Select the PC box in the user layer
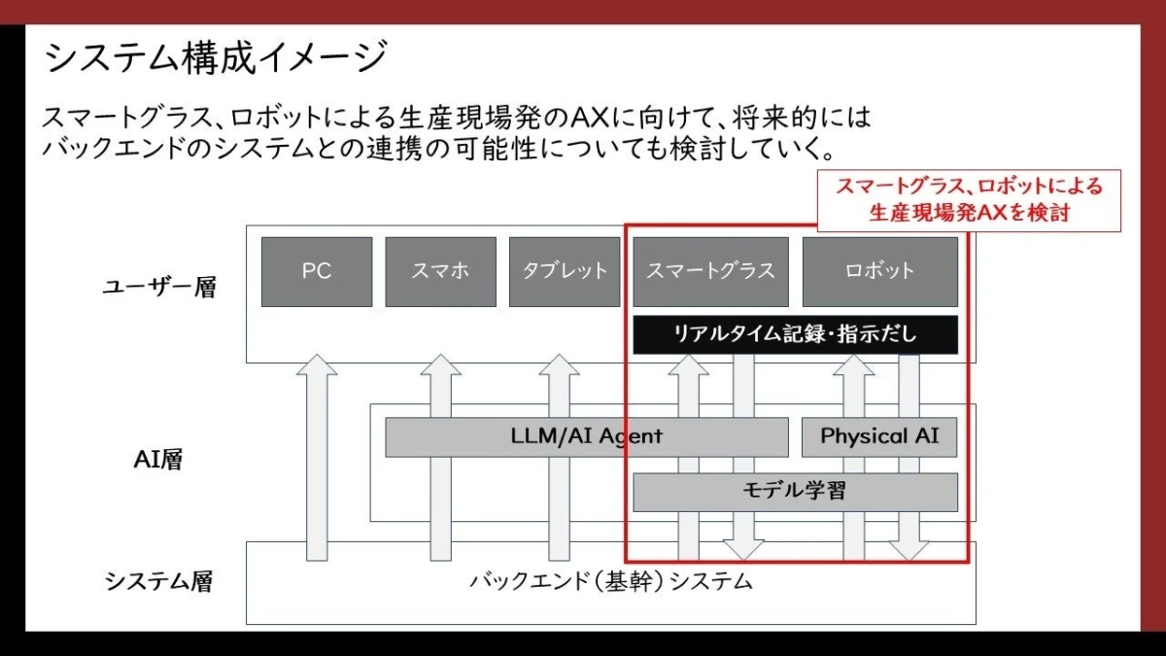point(317,271)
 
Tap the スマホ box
point(440,271)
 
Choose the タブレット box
point(565,271)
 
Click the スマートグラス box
point(711,271)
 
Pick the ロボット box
point(879,271)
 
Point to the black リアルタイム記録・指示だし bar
point(795,335)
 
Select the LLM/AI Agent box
point(586,436)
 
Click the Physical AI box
point(879,436)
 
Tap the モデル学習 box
point(795,491)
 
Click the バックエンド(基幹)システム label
point(611,582)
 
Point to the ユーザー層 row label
point(159,288)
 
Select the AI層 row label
point(158,460)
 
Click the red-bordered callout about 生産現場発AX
point(968,200)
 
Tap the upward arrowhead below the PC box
point(317,367)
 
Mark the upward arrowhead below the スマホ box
point(440,367)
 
